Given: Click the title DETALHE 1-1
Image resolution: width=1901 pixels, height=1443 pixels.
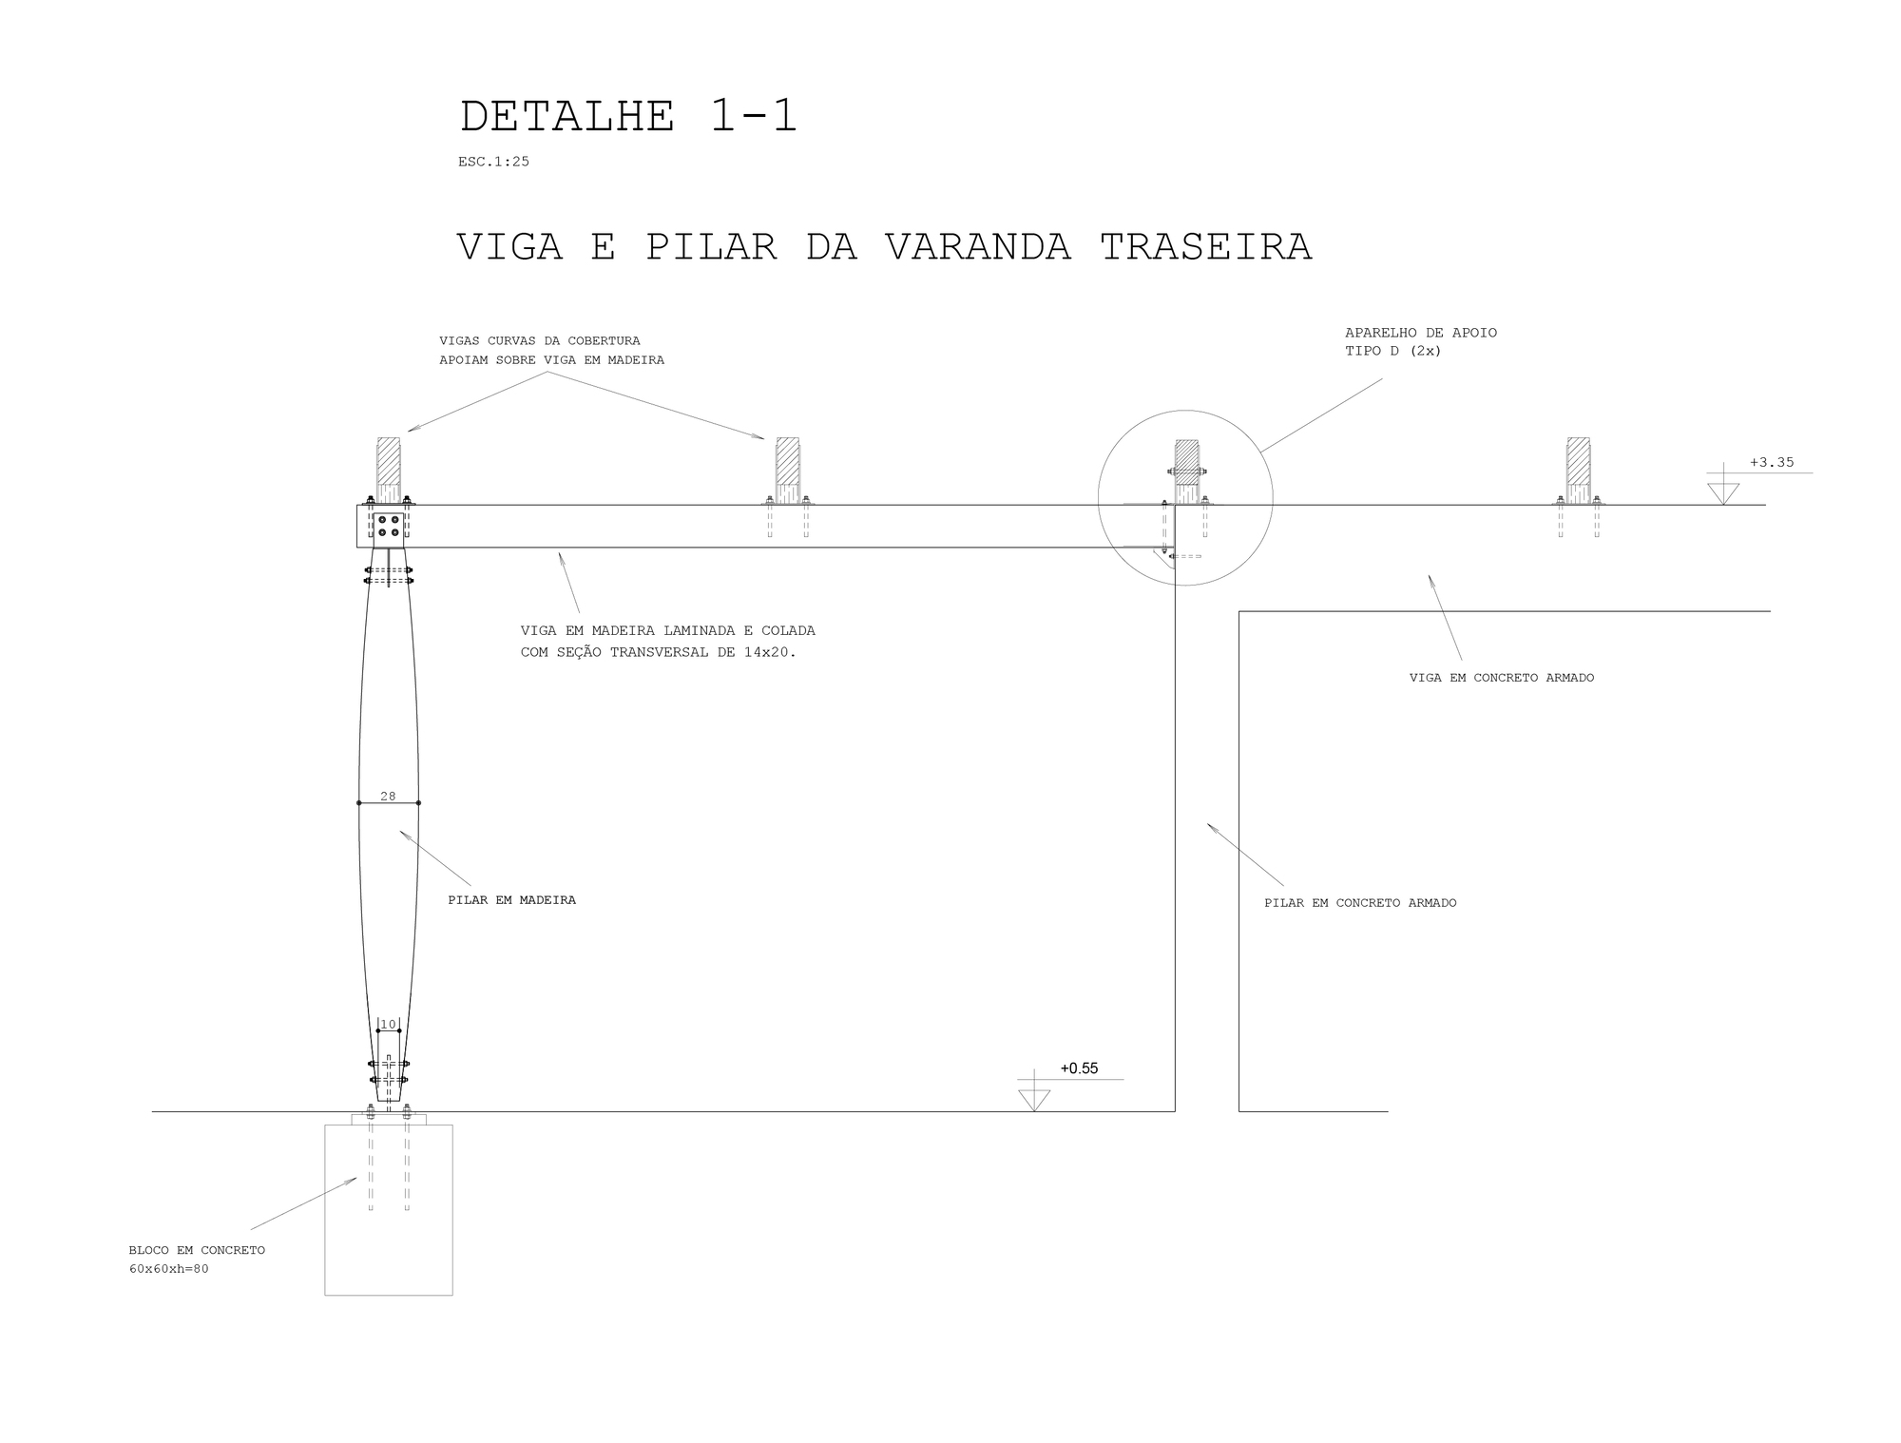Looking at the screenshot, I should tap(627, 117).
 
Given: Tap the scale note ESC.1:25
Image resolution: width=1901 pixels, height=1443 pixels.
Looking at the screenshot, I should tap(493, 162).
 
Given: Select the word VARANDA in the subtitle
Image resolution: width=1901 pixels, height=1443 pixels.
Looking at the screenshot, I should tap(978, 247).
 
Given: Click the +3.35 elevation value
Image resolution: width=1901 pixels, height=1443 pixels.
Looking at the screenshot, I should tap(1772, 463).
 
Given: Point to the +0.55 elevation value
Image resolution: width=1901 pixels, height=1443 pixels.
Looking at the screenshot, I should tap(1079, 1068).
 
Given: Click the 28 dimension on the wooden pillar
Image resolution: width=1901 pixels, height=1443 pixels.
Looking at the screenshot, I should tap(388, 796).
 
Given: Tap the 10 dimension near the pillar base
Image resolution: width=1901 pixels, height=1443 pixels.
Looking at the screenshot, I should tap(388, 1024).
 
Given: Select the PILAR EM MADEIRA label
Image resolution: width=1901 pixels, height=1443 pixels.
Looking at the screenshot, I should tap(511, 900).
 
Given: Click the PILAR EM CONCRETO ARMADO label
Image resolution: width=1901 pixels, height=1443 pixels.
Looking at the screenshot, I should tap(1360, 903).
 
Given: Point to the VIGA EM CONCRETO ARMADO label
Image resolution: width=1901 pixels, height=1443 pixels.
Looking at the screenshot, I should tap(1502, 678).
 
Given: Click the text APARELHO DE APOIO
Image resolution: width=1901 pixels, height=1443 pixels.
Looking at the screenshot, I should tap(1421, 333).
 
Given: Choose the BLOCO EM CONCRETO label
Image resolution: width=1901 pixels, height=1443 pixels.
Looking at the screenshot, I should tap(197, 1250).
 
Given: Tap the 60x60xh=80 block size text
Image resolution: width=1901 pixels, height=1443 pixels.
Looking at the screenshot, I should tap(168, 1269).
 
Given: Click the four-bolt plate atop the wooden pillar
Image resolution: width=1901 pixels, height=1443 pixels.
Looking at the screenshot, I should tap(388, 527).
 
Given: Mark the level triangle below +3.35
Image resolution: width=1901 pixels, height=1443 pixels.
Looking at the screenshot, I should tap(1723, 492).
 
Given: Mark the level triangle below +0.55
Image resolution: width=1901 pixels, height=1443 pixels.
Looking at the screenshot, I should tap(1033, 1099).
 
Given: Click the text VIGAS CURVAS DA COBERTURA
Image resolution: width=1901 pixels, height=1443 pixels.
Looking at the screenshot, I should tap(539, 340).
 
